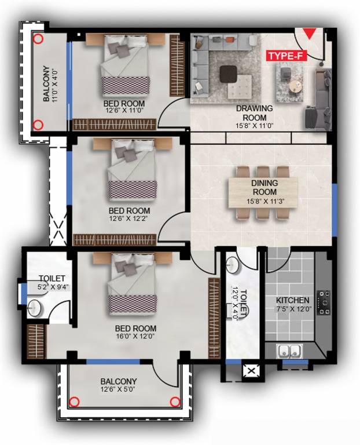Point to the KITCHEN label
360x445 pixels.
click(292, 301)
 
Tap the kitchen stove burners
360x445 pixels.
click(325, 299)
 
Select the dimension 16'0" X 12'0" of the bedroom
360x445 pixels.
click(135, 337)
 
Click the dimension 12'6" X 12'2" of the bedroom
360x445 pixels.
click(129, 220)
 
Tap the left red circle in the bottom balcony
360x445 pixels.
click(74, 402)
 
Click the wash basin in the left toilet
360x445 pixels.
click(35, 308)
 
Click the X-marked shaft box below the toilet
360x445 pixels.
click(252, 371)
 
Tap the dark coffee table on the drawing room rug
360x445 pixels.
click(227, 73)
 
